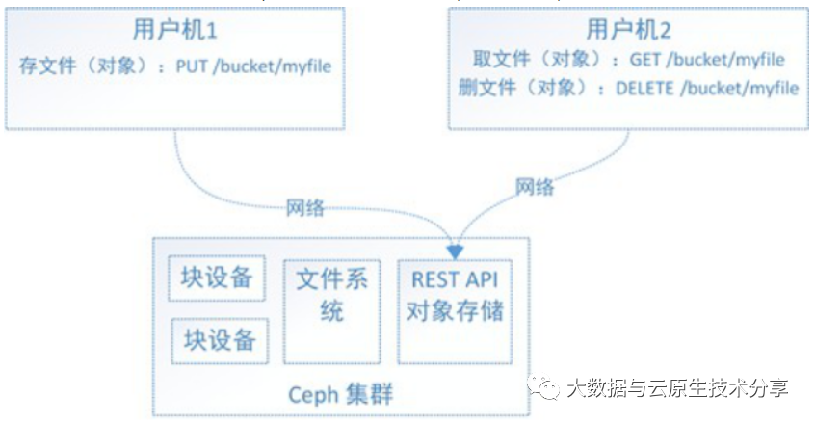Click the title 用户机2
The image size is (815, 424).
click(x=627, y=30)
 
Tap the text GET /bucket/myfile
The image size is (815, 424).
click(x=707, y=60)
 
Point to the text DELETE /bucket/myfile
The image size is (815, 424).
click(x=707, y=88)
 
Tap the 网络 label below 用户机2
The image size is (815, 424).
click(x=536, y=187)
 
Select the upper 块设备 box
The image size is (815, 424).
click(x=217, y=279)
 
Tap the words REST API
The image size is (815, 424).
click(x=455, y=279)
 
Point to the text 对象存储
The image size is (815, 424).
click(x=455, y=311)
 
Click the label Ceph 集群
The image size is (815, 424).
click(x=341, y=395)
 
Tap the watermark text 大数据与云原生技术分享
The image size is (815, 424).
click(x=677, y=388)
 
